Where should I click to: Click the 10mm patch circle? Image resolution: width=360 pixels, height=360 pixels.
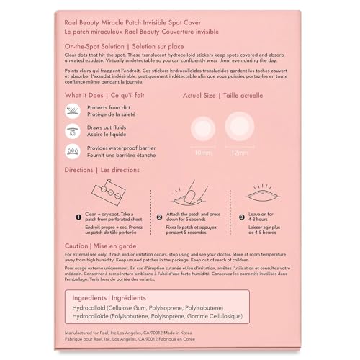(198, 130)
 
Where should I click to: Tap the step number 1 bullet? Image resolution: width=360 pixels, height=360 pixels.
(78, 216)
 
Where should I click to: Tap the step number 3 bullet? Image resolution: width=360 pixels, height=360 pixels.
(241, 216)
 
